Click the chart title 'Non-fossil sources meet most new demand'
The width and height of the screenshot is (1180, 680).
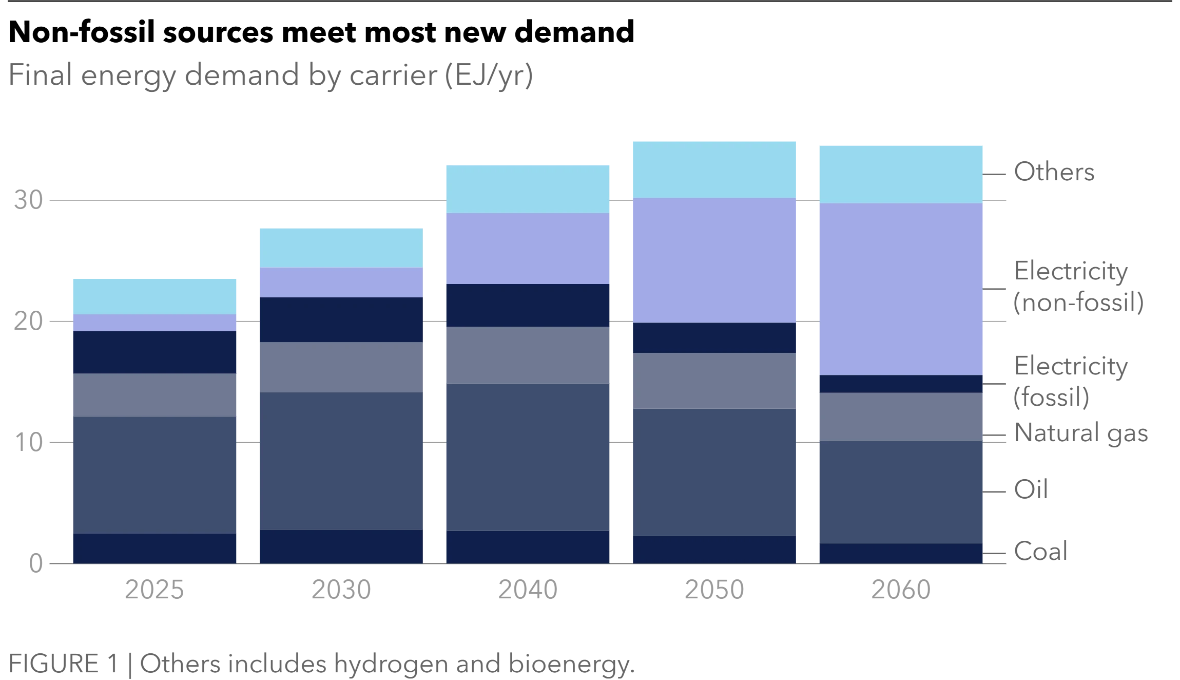click(321, 32)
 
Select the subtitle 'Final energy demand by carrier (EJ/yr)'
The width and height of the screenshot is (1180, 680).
click(271, 76)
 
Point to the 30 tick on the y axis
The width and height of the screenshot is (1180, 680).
click(28, 200)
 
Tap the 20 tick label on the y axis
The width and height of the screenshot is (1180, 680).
click(28, 322)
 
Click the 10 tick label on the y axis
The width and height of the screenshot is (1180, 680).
click(28, 443)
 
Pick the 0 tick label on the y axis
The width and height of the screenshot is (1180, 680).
click(36, 563)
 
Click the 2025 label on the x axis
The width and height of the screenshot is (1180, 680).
click(154, 590)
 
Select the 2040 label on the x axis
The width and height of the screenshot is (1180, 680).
click(528, 590)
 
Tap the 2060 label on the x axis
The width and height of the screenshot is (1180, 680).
click(901, 590)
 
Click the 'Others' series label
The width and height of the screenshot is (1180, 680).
click(1054, 172)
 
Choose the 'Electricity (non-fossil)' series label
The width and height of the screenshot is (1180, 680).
click(1079, 287)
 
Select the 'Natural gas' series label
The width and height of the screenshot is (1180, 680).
click(1081, 433)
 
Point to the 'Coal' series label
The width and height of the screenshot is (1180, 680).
click(1041, 551)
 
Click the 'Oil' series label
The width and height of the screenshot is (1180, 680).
click(1031, 489)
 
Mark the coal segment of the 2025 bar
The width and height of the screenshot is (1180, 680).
click(154, 549)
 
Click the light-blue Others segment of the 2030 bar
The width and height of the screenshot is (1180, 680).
click(341, 248)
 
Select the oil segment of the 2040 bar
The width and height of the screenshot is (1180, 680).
click(528, 457)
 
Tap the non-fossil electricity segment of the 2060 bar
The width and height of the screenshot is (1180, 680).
click(901, 289)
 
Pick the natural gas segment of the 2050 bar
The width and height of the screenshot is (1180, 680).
click(714, 381)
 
